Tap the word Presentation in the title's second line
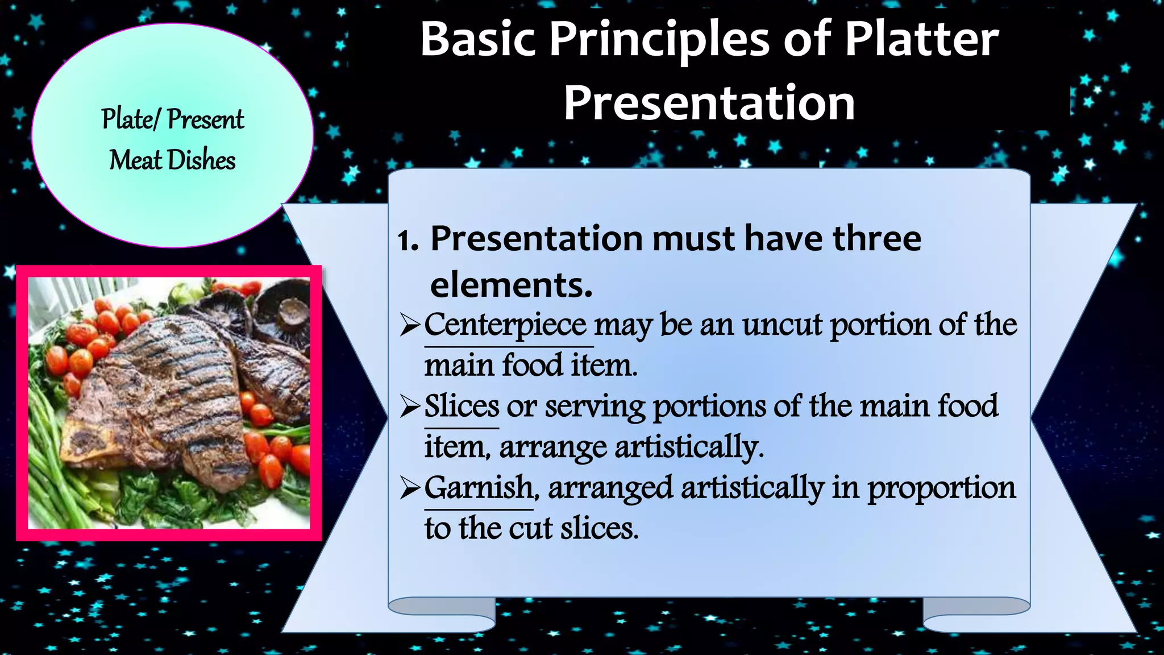click(x=709, y=103)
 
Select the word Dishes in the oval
click(x=201, y=160)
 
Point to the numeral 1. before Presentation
click(x=408, y=240)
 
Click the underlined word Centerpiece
click(x=505, y=325)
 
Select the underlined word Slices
click(x=462, y=407)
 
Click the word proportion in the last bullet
click(x=941, y=488)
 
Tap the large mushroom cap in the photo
click(x=284, y=310)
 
